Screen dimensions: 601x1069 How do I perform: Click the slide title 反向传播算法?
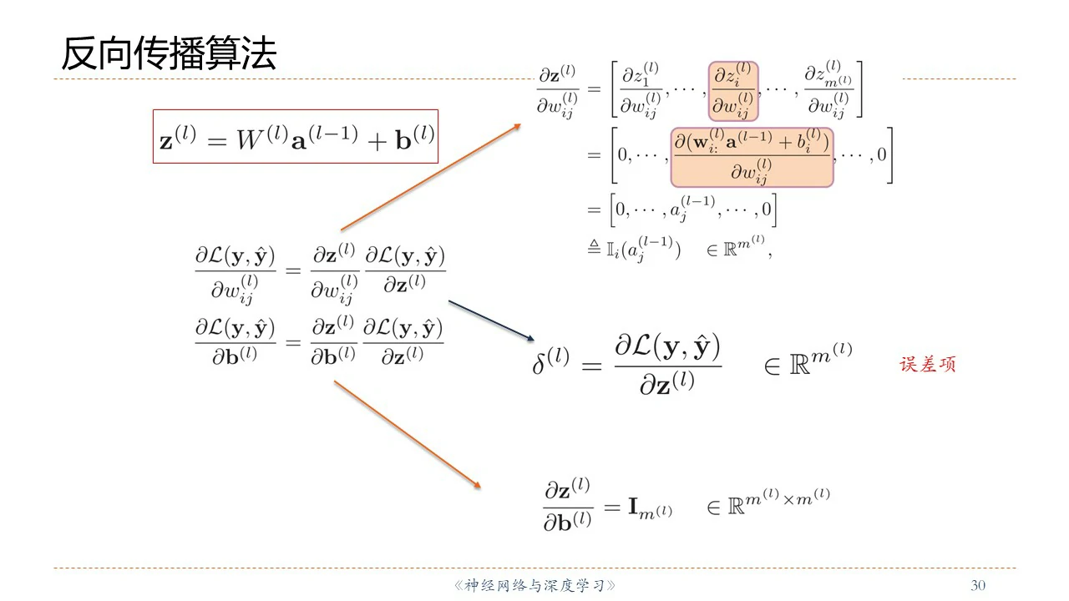coord(169,53)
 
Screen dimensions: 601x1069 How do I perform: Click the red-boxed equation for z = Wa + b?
coord(296,137)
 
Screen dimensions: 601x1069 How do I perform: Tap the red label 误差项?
coord(927,365)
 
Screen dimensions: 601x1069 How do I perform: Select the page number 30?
coord(978,585)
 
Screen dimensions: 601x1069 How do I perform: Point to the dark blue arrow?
coord(491,320)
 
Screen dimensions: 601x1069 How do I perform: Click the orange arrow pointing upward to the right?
coord(431,176)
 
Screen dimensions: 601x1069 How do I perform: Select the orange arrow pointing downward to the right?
coord(408,434)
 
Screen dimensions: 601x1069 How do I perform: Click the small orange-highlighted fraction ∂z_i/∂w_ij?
coord(732,90)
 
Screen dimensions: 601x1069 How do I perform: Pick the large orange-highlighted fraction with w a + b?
coord(752,157)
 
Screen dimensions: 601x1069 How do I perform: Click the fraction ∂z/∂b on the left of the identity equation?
coord(568,505)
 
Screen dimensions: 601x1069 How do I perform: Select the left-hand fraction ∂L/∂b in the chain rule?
coord(235,341)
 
